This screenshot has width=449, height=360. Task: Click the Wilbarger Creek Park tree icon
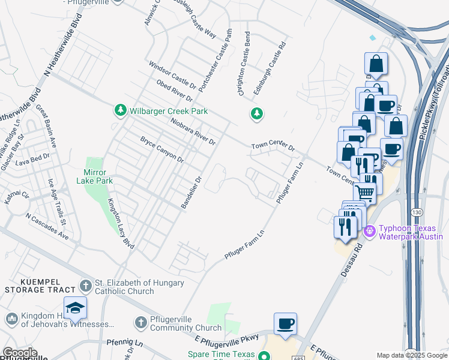click(121, 110)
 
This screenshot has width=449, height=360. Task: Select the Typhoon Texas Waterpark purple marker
click(370, 230)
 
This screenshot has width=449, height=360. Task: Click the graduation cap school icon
click(76, 308)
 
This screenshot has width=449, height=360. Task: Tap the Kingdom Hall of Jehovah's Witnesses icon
click(10, 318)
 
